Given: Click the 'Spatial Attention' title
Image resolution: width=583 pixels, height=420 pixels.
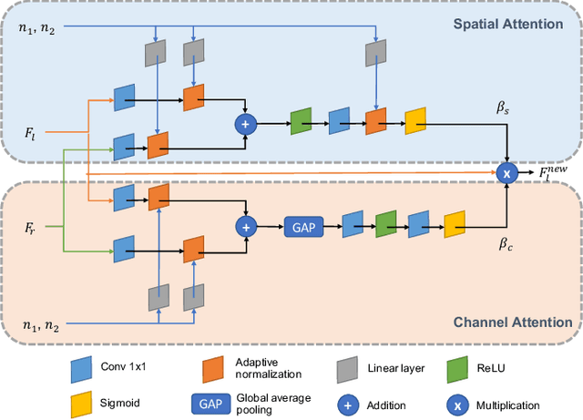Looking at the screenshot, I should (508, 24).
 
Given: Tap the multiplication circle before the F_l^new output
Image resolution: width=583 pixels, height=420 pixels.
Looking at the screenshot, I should (506, 170).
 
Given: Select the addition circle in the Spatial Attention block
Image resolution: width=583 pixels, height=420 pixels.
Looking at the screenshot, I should (244, 122).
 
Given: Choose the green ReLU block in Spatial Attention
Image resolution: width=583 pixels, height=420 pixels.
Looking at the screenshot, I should (302, 121).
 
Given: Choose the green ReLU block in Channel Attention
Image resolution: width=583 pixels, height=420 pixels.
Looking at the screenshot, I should (386, 224).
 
